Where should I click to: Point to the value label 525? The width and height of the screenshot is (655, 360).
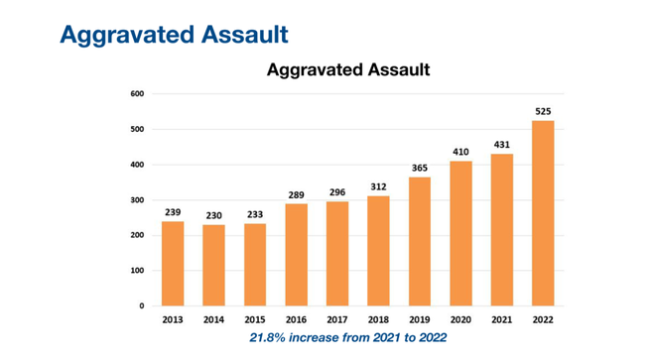tap(543, 111)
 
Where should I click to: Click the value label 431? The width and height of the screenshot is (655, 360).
tap(502, 145)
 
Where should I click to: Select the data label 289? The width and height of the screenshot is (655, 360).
tap(296, 195)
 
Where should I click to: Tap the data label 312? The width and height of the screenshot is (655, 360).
tap(378, 186)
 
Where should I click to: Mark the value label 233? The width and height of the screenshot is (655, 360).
tap(255, 214)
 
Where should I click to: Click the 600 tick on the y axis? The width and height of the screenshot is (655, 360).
tap(138, 94)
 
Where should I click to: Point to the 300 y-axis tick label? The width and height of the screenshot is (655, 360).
tap(138, 200)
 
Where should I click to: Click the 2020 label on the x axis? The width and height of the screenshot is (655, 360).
tap(460, 320)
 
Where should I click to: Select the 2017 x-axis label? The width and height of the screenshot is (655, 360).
tap(337, 320)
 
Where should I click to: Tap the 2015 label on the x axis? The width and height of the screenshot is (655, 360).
tap(255, 320)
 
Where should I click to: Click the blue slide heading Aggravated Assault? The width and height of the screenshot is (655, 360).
tap(174, 33)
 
